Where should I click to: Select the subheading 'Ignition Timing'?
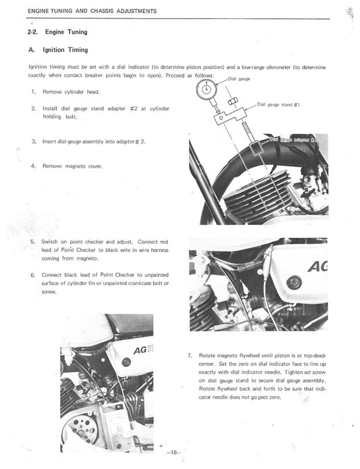(65, 50)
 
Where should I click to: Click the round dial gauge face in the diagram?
(207, 89)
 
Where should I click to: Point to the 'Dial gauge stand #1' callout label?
(279, 105)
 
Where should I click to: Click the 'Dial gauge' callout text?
(240, 79)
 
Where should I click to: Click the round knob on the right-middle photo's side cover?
(292, 282)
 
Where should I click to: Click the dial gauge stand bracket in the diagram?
(223, 118)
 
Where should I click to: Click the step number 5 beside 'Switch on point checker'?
(32, 241)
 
